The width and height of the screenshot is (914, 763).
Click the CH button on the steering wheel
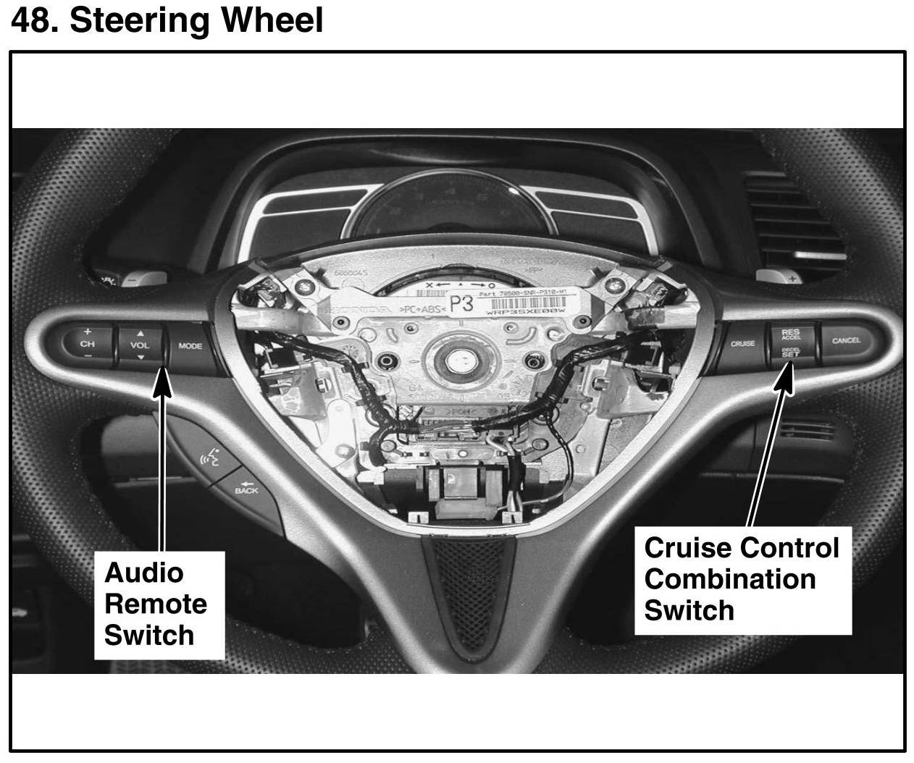(x=88, y=344)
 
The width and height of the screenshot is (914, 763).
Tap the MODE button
(x=190, y=346)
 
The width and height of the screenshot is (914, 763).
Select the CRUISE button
(x=742, y=343)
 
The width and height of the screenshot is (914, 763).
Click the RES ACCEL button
(x=790, y=334)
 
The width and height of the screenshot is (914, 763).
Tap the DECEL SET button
(x=790, y=353)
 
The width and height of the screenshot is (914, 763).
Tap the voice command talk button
(x=209, y=458)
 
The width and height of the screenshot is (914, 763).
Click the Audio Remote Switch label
(x=155, y=604)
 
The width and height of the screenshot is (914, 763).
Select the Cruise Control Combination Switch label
(x=741, y=579)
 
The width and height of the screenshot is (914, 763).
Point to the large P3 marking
(x=461, y=305)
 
